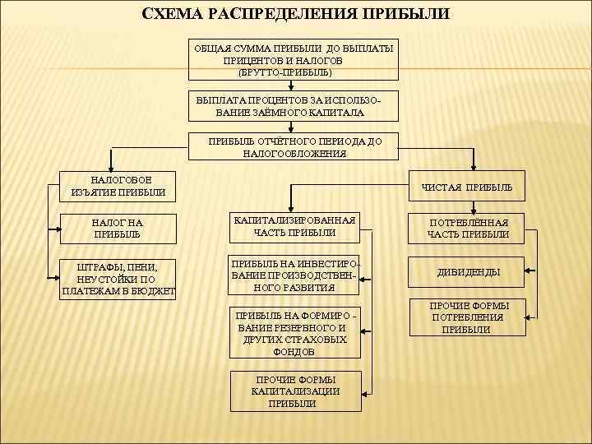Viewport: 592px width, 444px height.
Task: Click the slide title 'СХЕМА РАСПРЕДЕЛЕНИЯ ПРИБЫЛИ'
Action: (295, 14)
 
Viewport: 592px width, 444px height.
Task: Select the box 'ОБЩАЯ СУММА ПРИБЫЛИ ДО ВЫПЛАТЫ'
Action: (294, 60)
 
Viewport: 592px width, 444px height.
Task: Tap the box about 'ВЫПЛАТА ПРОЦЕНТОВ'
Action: (294, 106)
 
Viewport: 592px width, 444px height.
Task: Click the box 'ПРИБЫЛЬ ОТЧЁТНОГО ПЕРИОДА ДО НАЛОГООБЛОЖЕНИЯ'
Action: (294, 147)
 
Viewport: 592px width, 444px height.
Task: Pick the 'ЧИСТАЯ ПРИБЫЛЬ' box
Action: (466, 187)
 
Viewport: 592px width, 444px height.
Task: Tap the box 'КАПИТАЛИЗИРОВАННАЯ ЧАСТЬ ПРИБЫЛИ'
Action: (294, 227)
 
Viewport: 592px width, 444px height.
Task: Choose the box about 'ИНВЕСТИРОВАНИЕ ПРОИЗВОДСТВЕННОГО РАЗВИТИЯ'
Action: (294, 275)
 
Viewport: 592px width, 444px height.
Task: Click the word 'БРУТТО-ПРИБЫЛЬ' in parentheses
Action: (285, 72)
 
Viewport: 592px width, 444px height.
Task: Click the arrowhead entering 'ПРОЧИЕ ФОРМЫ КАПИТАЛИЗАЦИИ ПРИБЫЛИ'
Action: (363, 391)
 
